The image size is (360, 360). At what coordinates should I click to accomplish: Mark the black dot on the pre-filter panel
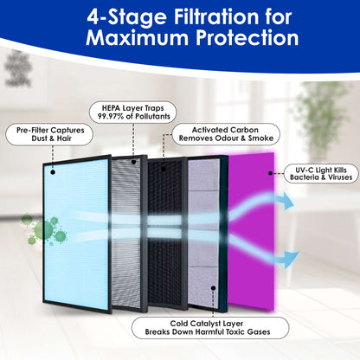(x=53, y=171)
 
